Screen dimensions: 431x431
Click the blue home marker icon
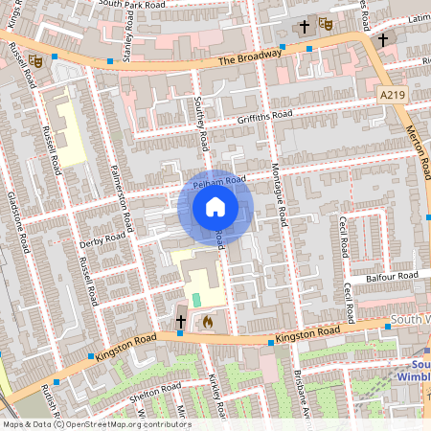[x=215, y=207]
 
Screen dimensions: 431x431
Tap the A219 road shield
[x=392, y=95]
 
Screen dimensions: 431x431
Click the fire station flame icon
[x=205, y=323]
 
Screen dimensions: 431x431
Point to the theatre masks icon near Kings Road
[x=35, y=60]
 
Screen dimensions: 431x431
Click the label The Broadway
[x=252, y=57]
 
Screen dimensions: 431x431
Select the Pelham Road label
[x=220, y=180]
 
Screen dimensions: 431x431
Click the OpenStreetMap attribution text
[x=97, y=424]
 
